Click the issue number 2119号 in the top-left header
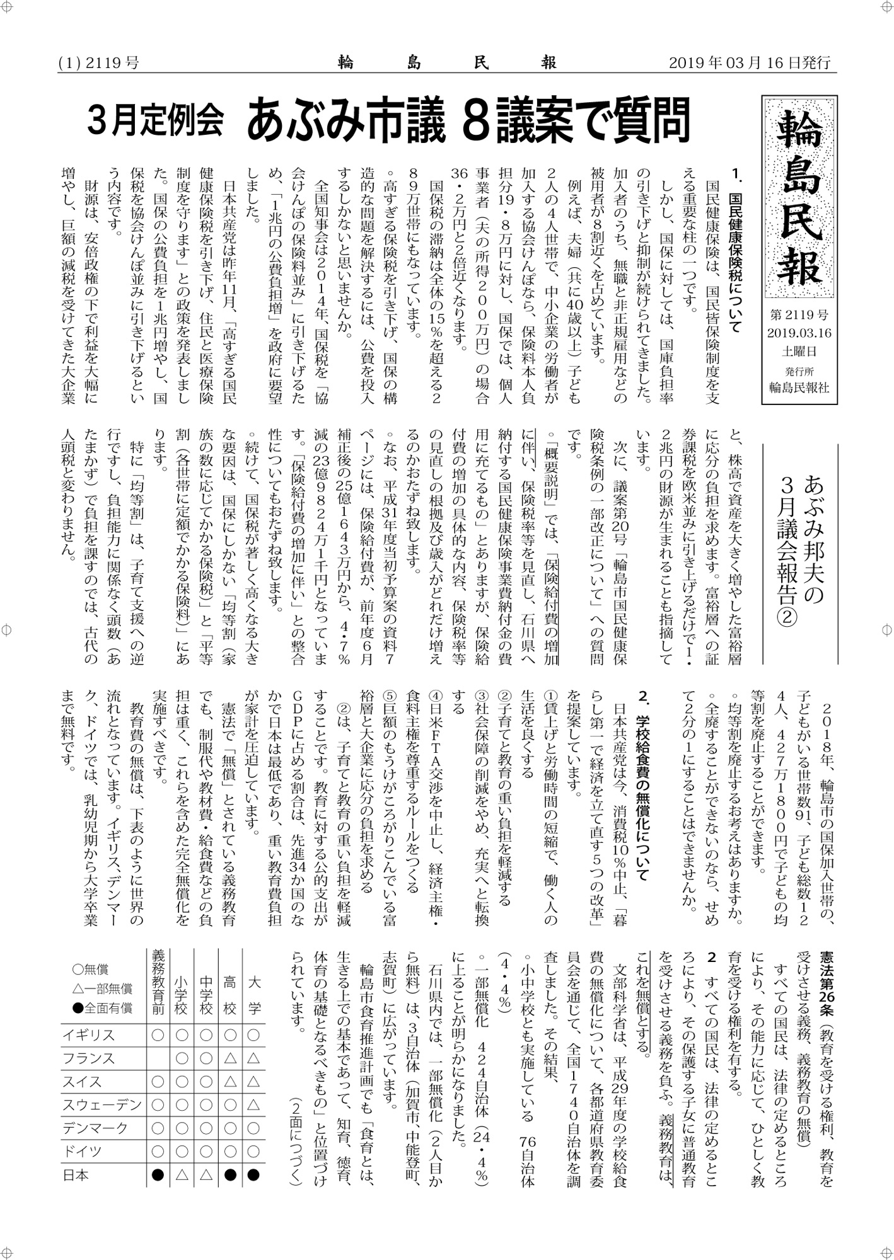(111, 63)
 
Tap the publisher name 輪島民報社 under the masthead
(799, 388)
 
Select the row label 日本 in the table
(75, 1174)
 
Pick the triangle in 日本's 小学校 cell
(182, 1174)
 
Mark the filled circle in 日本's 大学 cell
(253, 1174)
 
